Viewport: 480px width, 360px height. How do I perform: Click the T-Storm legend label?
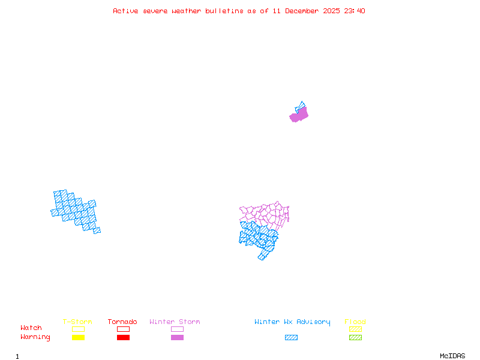(x=77, y=322)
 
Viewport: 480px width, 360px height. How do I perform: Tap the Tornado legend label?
(x=122, y=322)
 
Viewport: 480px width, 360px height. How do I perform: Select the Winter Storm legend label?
(x=175, y=322)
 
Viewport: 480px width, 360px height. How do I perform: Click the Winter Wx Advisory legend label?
(x=292, y=322)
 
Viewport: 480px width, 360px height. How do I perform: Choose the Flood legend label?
(x=355, y=322)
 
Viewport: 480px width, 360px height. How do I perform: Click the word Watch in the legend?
(x=31, y=328)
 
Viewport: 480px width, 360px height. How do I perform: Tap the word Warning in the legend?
(x=35, y=337)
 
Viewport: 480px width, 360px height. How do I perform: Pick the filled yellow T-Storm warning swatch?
(x=78, y=338)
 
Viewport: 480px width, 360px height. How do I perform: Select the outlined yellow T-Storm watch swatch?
(x=78, y=329)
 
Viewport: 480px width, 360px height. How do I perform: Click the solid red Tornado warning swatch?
(x=123, y=338)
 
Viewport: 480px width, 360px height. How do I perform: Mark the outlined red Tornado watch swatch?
(x=123, y=329)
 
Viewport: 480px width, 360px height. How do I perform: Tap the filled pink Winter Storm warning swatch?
(x=177, y=338)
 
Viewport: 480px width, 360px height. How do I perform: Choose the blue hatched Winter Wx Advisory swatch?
(x=291, y=338)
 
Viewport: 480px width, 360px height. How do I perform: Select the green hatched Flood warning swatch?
(x=355, y=338)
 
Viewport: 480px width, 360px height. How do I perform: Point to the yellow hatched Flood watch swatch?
(x=355, y=329)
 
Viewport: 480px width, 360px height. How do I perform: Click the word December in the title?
(x=305, y=11)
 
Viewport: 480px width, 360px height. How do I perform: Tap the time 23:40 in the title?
(x=353, y=11)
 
